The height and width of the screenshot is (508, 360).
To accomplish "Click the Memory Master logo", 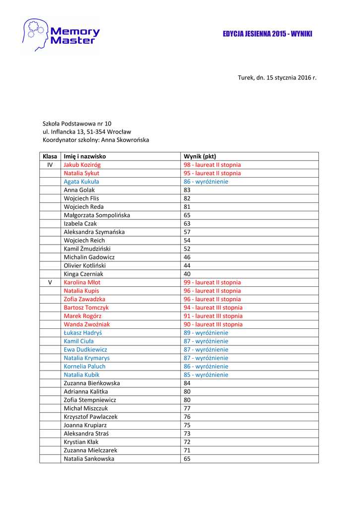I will pyautogui.click(x=61, y=35).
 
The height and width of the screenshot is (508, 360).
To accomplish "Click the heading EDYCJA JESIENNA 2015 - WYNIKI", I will pyautogui.click(x=267, y=34).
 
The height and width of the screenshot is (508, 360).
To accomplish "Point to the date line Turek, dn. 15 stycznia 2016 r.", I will pyautogui.click(x=277, y=78).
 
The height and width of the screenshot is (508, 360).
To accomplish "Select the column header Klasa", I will pyautogui.click(x=50, y=156).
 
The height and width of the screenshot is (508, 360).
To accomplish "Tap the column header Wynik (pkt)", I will pyautogui.click(x=200, y=156).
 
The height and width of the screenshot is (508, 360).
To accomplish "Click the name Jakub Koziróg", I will pyautogui.click(x=83, y=165).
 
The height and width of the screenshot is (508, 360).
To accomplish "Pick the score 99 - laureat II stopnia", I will pyautogui.click(x=212, y=282).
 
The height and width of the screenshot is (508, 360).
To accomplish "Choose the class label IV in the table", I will pyautogui.click(x=50, y=165).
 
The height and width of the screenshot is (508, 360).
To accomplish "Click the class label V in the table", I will pyautogui.click(x=50, y=282).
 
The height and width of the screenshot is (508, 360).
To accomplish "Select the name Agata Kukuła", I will pyautogui.click(x=81, y=182).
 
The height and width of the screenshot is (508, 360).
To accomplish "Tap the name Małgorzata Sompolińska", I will pyautogui.click(x=97, y=215).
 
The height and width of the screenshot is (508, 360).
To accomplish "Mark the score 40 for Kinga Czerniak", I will pyautogui.click(x=187, y=274).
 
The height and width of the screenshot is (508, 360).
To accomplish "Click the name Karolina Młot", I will pyautogui.click(x=82, y=282).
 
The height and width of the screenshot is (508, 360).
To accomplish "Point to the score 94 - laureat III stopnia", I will pyautogui.click(x=213, y=308).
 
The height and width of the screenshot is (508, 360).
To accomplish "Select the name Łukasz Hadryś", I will pyautogui.click(x=83, y=333).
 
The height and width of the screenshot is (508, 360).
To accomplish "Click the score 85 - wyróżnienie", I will pyautogui.click(x=206, y=375).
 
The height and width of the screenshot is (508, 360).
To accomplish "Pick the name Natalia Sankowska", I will pyautogui.click(x=89, y=459).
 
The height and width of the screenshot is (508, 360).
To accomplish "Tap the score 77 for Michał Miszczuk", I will pyautogui.click(x=187, y=408).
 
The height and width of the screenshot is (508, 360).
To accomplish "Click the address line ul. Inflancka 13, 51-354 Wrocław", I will pyautogui.click(x=87, y=132).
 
